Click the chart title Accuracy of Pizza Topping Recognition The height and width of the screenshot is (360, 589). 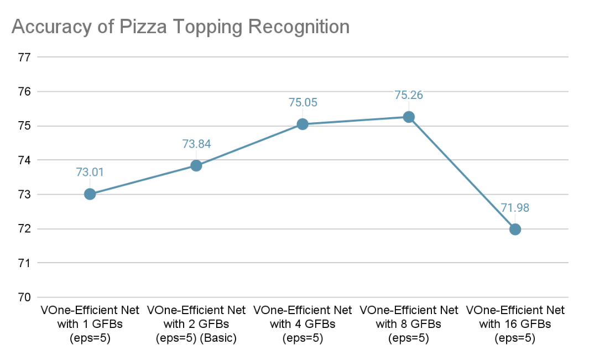point(180,27)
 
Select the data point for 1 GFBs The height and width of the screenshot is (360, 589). point(90,194)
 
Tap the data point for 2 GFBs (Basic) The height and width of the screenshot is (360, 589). point(196,165)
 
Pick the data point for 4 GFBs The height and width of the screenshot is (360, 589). point(303,124)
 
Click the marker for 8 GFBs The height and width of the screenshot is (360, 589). point(409,117)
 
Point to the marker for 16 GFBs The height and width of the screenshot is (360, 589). point(515,229)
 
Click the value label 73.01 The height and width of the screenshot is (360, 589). point(90,172)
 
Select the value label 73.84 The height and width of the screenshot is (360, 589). point(196,144)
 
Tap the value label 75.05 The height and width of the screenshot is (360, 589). point(303,102)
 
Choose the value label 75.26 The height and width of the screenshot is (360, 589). point(409,95)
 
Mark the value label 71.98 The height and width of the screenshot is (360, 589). point(515,207)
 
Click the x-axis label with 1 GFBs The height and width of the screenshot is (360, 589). point(90,324)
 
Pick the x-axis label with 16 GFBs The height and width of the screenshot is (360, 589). point(515,324)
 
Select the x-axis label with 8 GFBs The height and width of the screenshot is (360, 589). point(409,324)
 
